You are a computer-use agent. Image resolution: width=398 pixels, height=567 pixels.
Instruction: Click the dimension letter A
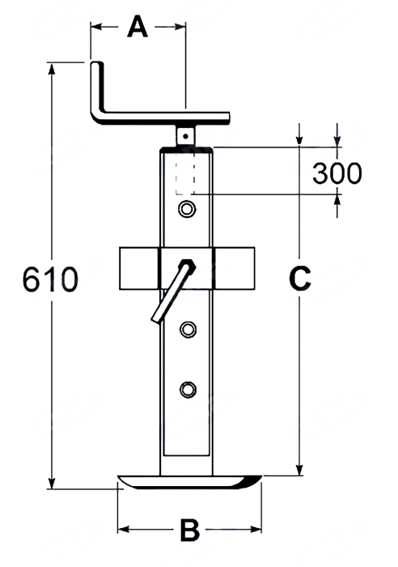(138, 27)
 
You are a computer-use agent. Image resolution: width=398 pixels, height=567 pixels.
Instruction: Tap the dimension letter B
(189, 530)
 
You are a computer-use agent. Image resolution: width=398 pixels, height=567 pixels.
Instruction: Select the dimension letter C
(300, 278)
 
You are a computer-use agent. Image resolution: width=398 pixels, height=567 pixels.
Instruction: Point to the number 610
(50, 279)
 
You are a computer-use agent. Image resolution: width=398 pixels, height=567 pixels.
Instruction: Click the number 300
(337, 173)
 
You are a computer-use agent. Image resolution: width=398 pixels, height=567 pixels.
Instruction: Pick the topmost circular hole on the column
(188, 209)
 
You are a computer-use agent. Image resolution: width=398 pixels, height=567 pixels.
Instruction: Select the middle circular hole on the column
(188, 330)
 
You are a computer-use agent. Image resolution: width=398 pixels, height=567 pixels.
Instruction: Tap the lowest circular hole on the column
(188, 390)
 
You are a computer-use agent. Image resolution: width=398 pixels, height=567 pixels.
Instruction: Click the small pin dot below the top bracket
(185, 136)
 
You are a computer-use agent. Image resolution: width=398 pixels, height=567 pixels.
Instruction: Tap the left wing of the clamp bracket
(139, 268)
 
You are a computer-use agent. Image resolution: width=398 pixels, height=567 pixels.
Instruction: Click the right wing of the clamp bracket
(235, 268)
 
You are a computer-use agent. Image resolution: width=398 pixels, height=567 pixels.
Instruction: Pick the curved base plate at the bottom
(189, 483)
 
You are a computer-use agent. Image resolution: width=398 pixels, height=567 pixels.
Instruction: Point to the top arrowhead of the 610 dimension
(52, 69)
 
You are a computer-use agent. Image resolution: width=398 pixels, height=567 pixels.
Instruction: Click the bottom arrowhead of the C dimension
(299, 469)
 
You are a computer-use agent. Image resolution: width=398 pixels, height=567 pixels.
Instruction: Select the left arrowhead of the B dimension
(124, 530)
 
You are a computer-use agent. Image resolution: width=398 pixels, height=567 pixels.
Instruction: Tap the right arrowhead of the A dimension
(180, 27)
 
